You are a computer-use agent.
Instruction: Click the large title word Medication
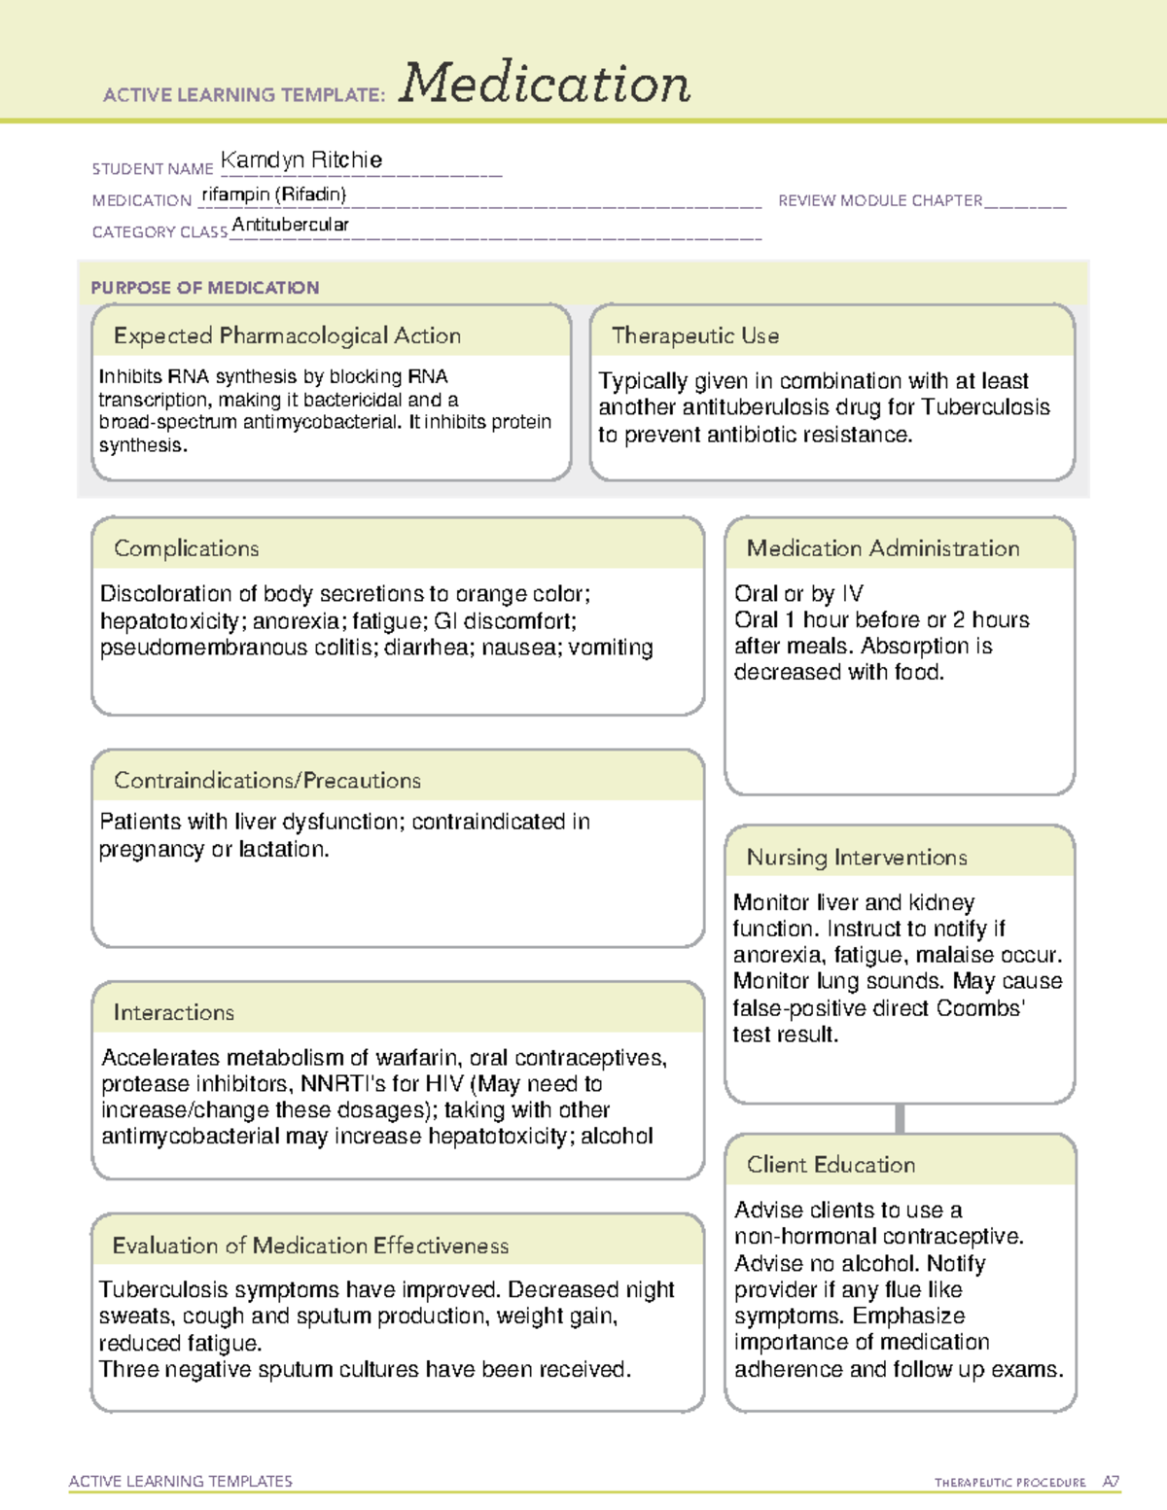[x=544, y=84]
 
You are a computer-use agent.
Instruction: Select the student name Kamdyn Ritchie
[x=301, y=159]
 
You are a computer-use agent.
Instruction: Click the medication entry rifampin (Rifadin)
[x=273, y=194]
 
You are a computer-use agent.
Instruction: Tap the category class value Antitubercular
[x=290, y=225]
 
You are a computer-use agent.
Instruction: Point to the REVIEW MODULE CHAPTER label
[x=880, y=200]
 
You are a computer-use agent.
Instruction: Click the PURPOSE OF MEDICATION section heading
[x=204, y=288]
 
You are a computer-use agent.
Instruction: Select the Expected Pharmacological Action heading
[x=287, y=335]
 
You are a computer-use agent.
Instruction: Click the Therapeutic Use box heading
[x=694, y=335]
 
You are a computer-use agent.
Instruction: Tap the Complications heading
[x=186, y=548]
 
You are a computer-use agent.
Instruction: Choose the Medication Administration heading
[x=882, y=548]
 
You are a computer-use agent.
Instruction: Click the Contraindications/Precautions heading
[x=266, y=781]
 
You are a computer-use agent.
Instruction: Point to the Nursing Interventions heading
[x=856, y=858]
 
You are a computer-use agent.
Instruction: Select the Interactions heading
[x=173, y=1013]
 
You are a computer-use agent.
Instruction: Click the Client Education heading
[x=831, y=1165]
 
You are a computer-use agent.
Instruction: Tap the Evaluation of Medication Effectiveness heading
[x=310, y=1246]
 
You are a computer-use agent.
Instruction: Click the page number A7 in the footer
[x=1110, y=1482]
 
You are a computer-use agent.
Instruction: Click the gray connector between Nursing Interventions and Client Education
[x=900, y=1118]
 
